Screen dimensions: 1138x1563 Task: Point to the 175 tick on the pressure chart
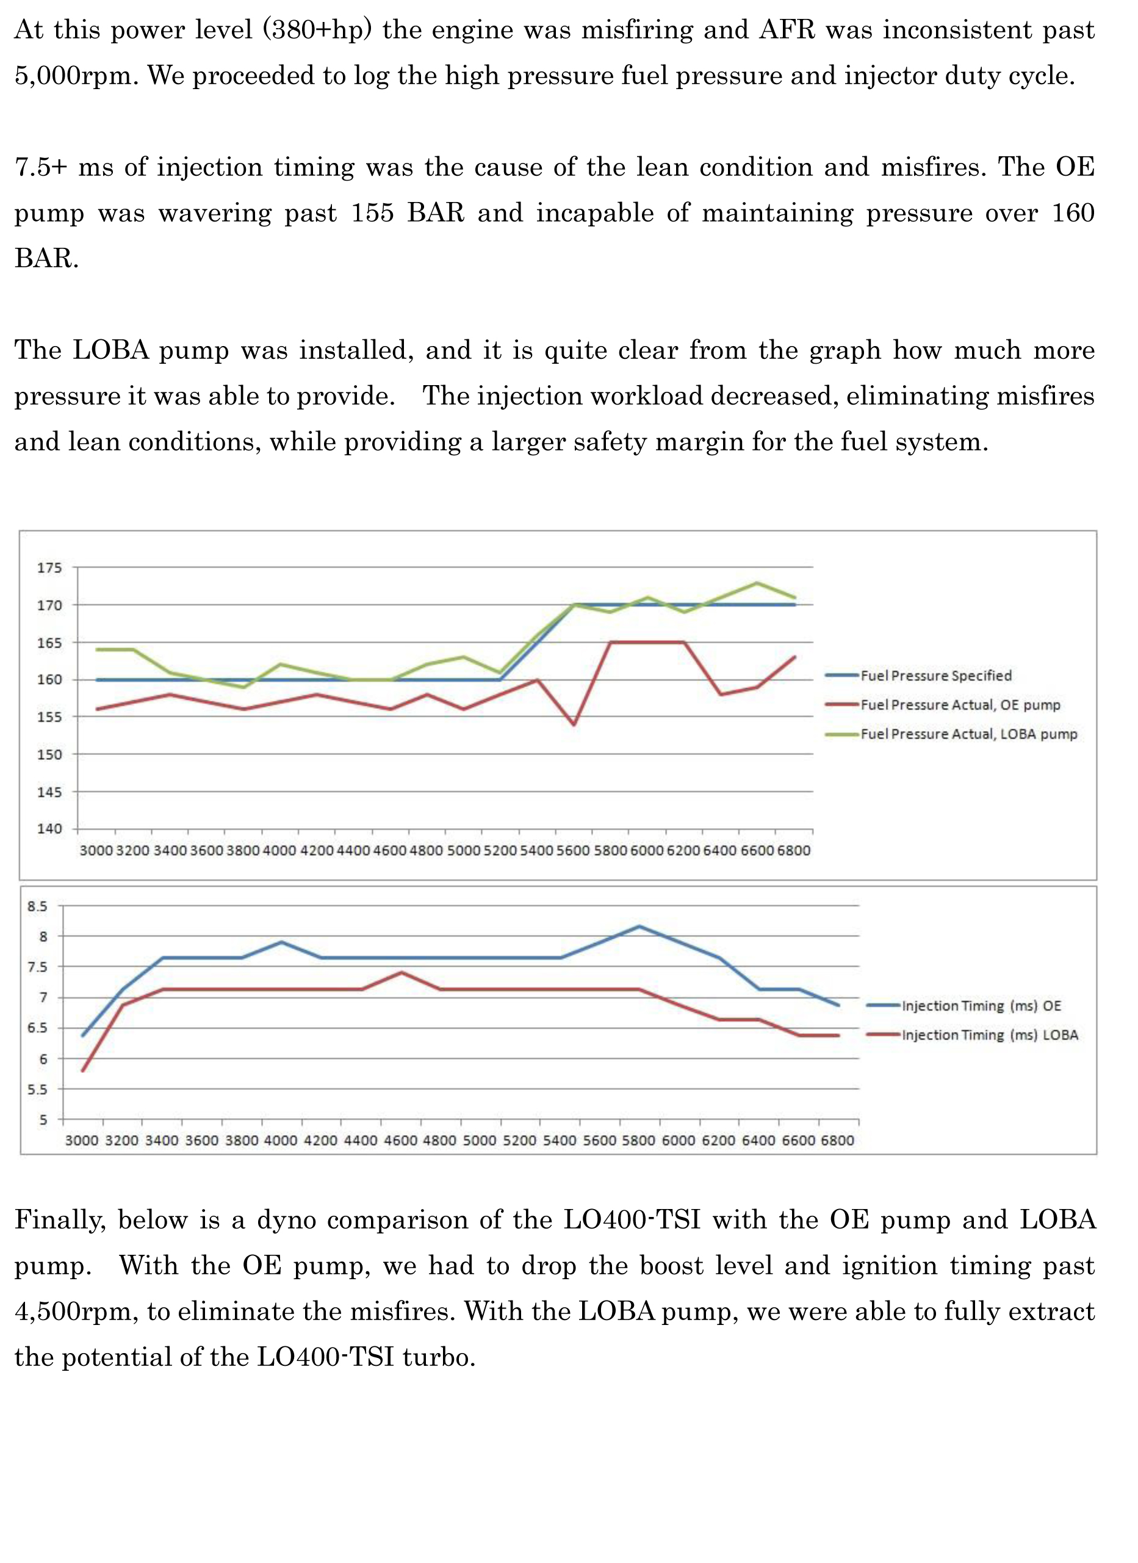49,568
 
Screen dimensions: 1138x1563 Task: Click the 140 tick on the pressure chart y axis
49,828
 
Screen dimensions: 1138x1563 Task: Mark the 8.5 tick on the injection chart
38,906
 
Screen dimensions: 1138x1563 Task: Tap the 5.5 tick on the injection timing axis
38,1089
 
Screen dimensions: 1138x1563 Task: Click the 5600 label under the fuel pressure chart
573,850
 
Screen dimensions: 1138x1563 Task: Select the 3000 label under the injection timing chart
82,1141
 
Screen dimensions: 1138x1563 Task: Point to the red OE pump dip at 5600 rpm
574,724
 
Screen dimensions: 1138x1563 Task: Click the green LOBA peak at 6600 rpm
758,583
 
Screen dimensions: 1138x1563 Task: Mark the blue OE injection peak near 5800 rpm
640,926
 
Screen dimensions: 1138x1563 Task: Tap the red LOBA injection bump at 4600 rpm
401,972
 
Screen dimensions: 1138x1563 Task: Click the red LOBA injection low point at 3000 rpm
82,1070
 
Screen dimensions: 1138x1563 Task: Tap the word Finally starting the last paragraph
60,1221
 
